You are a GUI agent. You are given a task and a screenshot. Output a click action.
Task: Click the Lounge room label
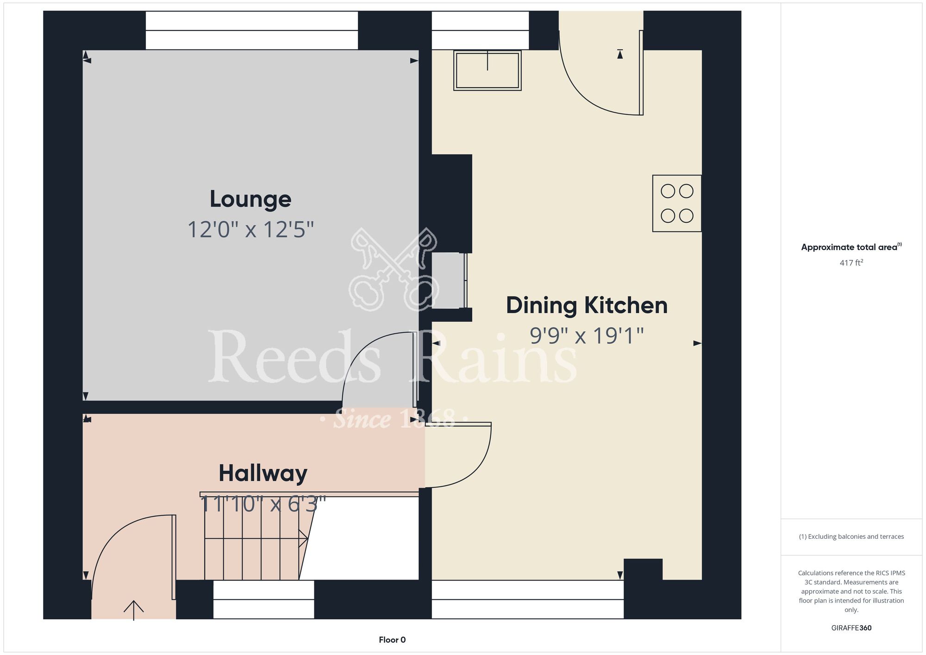[250, 200]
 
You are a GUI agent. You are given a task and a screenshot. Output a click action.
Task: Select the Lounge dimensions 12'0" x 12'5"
[250, 230]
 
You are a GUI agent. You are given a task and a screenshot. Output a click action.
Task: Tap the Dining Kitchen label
[587, 306]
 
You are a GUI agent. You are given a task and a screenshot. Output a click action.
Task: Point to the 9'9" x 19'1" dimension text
[587, 336]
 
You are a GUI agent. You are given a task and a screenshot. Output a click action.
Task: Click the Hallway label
[263, 473]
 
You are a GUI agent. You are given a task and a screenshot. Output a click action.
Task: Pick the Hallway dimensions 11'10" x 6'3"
[263, 504]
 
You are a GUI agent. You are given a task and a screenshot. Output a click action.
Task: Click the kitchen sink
[487, 70]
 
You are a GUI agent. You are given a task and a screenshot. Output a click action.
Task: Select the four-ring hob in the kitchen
[677, 203]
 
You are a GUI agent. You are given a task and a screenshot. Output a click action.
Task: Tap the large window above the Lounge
[252, 31]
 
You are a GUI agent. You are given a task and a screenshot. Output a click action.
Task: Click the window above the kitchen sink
[480, 31]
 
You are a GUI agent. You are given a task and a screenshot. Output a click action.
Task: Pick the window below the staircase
[263, 599]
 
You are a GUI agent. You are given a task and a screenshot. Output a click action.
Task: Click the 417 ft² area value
[851, 263]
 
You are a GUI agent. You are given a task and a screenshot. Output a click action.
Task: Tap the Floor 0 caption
[392, 640]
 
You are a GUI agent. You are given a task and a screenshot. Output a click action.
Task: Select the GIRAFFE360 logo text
[851, 628]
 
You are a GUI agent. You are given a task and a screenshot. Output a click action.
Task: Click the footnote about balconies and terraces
[851, 536]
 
